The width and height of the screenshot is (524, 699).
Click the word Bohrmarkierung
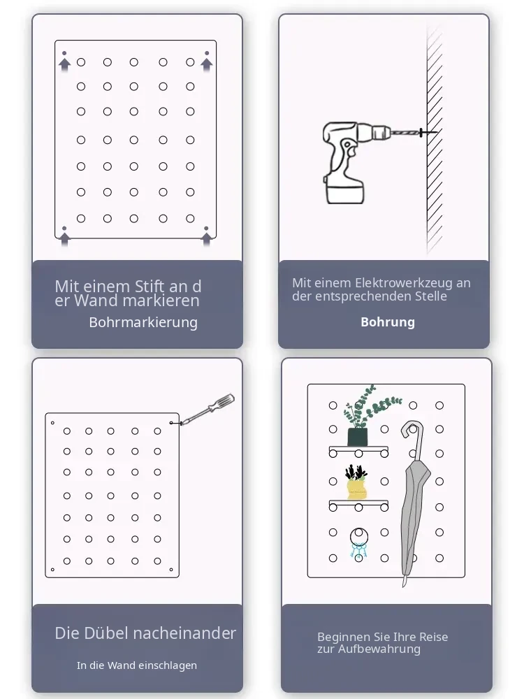(x=143, y=322)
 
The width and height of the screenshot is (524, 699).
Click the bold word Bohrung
(x=388, y=322)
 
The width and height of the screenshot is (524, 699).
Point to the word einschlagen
(x=167, y=665)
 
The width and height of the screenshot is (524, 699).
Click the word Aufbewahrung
(x=379, y=649)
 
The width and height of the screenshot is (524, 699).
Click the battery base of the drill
(x=345, y=191)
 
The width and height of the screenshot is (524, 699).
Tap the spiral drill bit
(x=405, y=132)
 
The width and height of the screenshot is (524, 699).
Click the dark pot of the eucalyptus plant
(x=357, y=436)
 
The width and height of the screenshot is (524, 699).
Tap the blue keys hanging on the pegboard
(x=358, y=552)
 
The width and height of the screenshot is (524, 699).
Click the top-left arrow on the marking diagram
(x=64, y=63)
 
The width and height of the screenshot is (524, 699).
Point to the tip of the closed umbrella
(x=404, y=586)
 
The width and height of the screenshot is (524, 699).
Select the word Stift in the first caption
(x=150, y=286)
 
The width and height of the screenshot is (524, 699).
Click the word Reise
(x=433, y=637)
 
